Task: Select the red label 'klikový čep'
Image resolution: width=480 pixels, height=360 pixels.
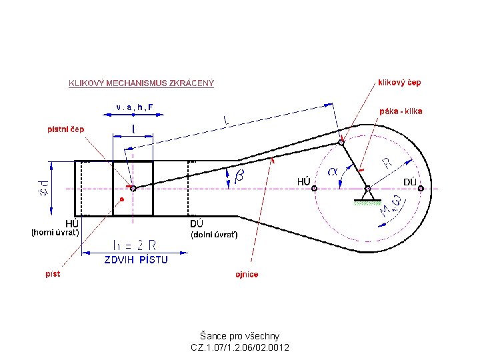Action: pyautogui.click(x=399, y=83)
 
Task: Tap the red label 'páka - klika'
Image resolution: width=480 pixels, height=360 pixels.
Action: pyautogui.click(x=401, y=111)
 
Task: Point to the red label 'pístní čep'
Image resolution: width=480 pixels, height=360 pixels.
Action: pyautogui.click(x=65, y=129)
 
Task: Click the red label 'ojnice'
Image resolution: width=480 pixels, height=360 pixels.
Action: pyautogui.click(x=247, y=274)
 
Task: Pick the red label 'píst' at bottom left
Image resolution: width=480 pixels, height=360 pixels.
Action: pyautogui.click(x=53, y=273)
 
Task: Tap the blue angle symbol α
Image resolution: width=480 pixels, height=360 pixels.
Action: pyautogui.click(x=333, y=172)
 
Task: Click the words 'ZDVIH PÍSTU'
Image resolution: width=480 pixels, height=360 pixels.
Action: pyautogui.click(x=136, y=260)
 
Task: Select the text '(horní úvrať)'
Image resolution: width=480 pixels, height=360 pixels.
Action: pyautogui.click(x=55, y=233)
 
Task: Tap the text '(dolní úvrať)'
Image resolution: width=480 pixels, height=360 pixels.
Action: pyautogui.click(x=214, y=235)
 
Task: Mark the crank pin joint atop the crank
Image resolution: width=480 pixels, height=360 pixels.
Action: pyautogui.click(x=341, y=142)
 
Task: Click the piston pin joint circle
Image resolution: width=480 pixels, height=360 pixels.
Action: pyautogui.click(x=133, y=189)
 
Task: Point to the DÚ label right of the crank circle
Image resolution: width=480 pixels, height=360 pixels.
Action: pyautogui.click(x=410, y=182)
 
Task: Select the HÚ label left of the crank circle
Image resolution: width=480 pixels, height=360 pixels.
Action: pyautogui.click(x=303, y=181)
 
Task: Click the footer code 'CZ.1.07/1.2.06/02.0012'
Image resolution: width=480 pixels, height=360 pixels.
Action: pyautogui.click(x=240, y=347)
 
